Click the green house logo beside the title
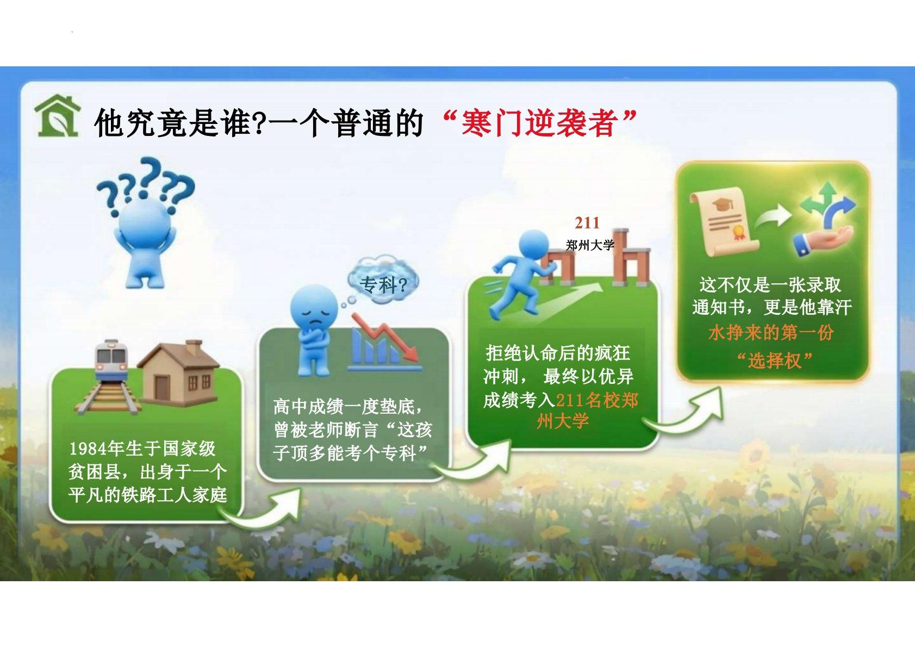click(57, 116)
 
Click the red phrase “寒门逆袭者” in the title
click(539, 123)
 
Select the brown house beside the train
click(178, 372)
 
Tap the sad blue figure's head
click(314, 306)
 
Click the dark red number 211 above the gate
click(587, 223)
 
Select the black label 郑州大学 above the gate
click(590, 245)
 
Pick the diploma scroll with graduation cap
click(723, 222)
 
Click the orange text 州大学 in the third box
click(563, 421)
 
